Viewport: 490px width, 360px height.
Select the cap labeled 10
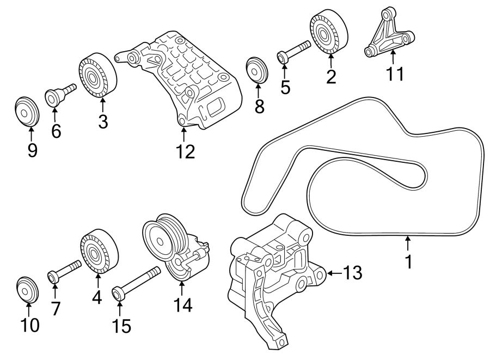coord(27,289)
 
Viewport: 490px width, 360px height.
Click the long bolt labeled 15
coord(136,282)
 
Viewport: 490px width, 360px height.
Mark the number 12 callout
coord(183,152)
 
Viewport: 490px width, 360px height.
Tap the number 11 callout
coord(392,73)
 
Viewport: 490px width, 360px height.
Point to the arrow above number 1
coord(408,243)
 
